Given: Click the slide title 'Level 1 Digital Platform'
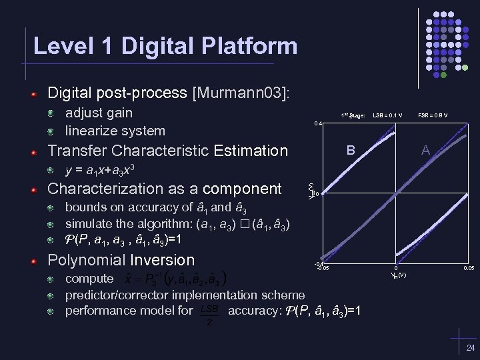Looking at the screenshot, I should click(x=165, y=46).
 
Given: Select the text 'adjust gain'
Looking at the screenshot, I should click(x=99, y=113).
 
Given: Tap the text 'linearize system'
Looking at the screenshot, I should click(x=115, y=131).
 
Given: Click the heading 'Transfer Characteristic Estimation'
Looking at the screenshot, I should click(x=167, y=151).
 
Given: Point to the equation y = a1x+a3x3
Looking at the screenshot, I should click(x=103, y=169).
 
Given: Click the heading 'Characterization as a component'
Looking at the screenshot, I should click(x=165, y=189).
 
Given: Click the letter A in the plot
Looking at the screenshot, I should click(x=425, y=151).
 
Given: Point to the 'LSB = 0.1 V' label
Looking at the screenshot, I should click(x=387, y=115).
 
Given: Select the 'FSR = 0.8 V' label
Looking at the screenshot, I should click(x=433, y=115).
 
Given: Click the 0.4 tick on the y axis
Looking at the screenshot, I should click(x=318, y=123).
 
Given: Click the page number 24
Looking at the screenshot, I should click(x=471, y=348).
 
